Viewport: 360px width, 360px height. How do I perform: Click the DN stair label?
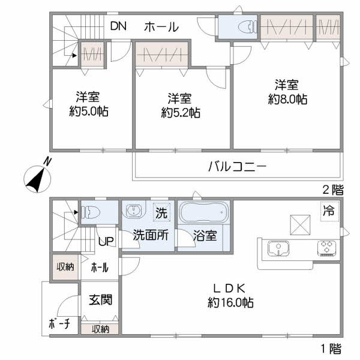(118, 26)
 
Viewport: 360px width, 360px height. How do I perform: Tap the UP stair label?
(106, 241)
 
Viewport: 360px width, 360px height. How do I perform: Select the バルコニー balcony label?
(238, 166)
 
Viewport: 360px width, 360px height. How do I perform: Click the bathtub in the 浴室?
(203, 212)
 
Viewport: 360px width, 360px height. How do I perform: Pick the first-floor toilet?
(91, 212)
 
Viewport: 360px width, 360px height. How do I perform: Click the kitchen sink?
(278, 248)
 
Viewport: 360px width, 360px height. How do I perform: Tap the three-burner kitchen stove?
(327, 248)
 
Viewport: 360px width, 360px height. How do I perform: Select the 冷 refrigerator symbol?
(329, 211)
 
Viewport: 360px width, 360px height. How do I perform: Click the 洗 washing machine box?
(161, 212)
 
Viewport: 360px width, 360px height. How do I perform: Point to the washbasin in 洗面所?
(134, 211)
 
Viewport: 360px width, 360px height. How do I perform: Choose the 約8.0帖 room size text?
(287, 100)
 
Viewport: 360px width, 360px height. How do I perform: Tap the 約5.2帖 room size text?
(181, 113)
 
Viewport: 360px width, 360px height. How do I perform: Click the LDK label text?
(230, 289)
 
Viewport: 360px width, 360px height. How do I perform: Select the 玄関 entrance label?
(101, 300)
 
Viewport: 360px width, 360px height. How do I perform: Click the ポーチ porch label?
(59, 324)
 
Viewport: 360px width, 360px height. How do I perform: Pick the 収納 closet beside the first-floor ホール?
(65, 267)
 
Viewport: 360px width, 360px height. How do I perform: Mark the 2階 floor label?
(333, 190)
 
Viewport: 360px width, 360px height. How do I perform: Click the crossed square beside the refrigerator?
(301, 225)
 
